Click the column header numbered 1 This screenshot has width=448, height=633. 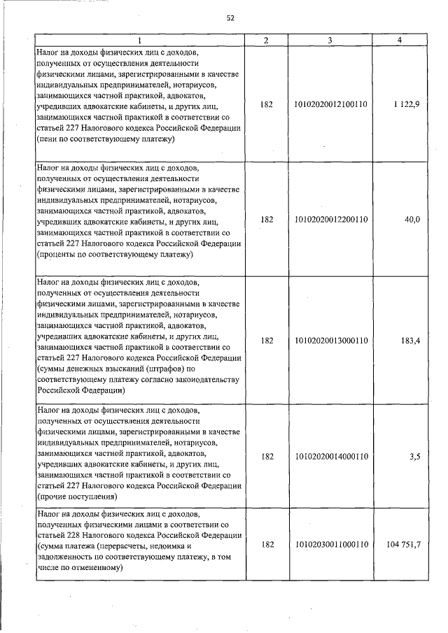click(139, 41)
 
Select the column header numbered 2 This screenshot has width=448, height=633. click(266, 41)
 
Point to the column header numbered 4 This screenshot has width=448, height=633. click(398, 41)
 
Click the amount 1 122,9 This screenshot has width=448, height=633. click(406, 104)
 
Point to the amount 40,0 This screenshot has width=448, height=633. click(412, 219)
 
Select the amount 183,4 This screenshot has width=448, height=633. click(409, 340)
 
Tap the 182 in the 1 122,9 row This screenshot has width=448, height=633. click(266, 104)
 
